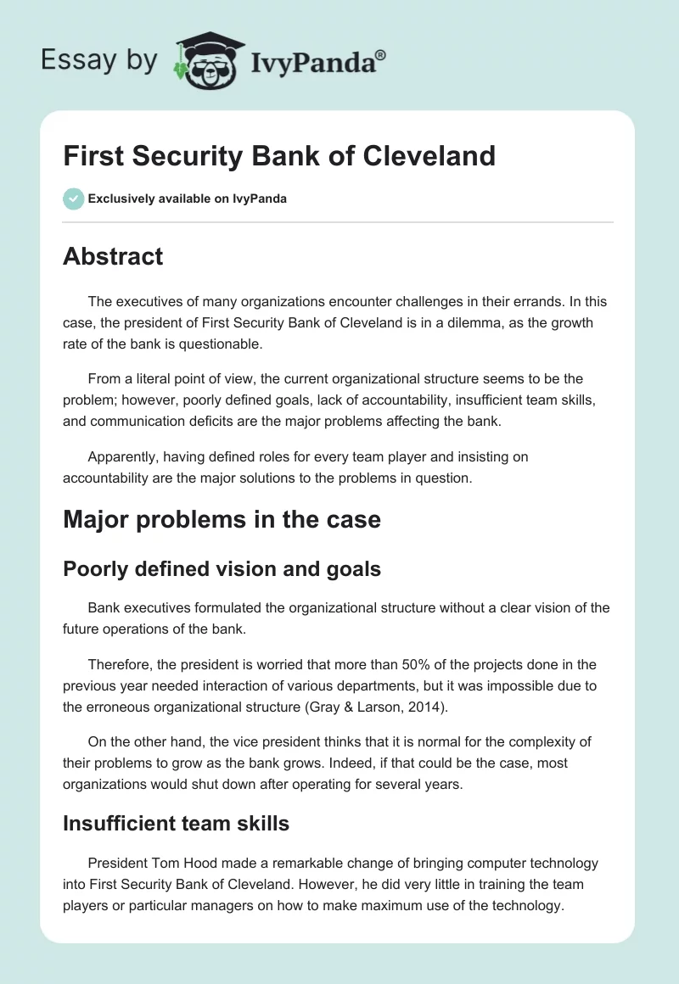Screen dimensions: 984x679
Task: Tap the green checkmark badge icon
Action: (x=73, y=198)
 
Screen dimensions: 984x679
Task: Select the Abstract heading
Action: (x=113, y=257)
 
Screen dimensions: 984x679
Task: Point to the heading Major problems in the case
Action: (x=222, y=519)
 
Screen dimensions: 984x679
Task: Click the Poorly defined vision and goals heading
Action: (x=222, y=569)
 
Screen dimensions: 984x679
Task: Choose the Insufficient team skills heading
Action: (x=176, y=822)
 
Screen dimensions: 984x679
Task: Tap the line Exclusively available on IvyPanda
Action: (x=187, y=198)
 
